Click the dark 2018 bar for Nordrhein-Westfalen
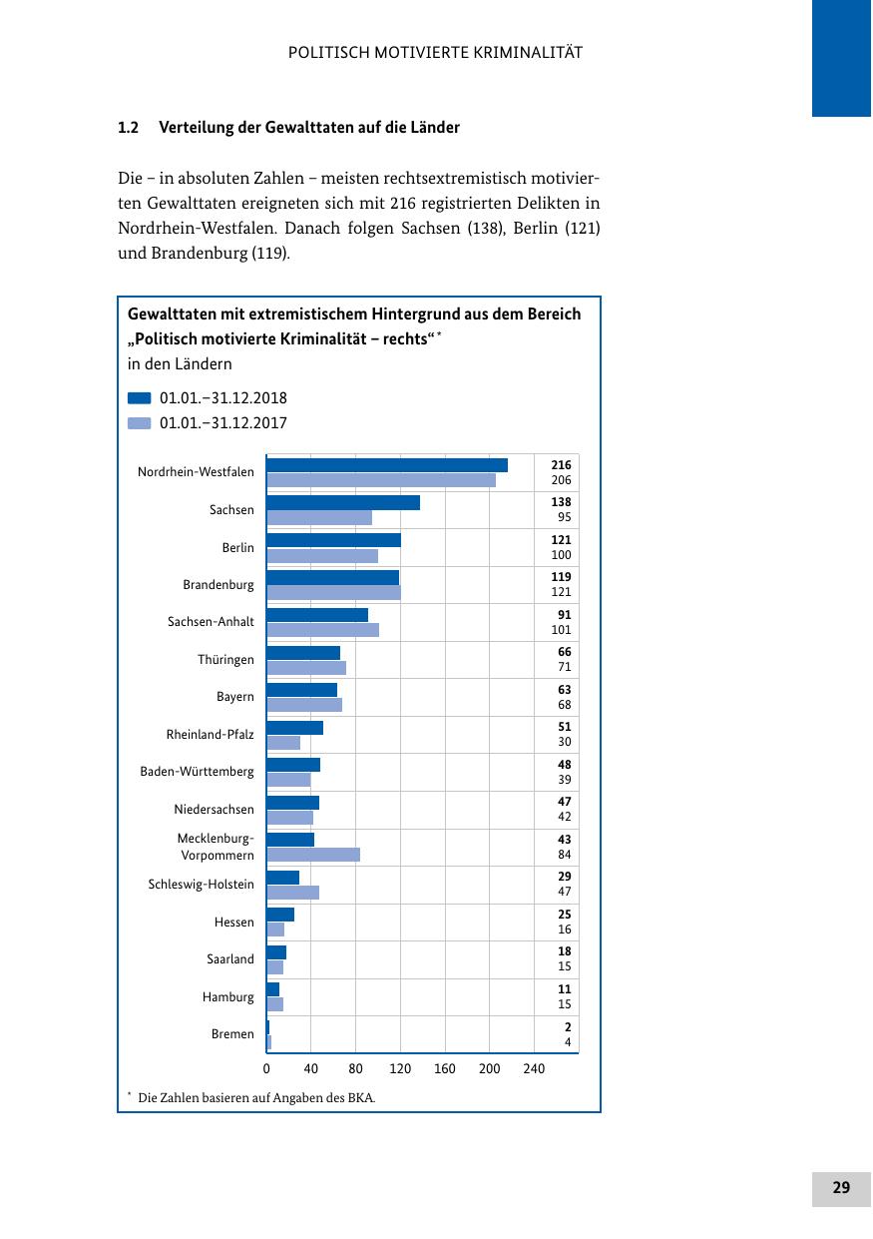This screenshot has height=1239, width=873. (x=387, y=465)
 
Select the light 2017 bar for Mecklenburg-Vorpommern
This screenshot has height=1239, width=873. (x=313, y=855)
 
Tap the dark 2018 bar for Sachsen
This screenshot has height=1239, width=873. (x=343, y=503)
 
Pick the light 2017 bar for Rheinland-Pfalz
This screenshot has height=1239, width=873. (x=283, y=743)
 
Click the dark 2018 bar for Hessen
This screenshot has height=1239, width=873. (x=280, y=915)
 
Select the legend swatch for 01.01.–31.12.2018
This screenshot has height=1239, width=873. (x=140, y=398)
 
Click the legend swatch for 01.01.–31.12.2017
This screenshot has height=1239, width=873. (x=140, y=423)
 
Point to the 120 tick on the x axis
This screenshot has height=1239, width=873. (x=400, y=1069)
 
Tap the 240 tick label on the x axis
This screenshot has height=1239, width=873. (x=534, y=1069)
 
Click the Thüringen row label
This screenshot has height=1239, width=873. (x=225, y=660)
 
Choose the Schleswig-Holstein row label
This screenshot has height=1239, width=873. (x=201, y=885)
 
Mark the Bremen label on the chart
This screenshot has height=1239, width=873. (x=232, y=1034)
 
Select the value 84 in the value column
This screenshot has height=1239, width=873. (x=565, y=855)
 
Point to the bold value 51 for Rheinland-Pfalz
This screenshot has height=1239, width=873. (x=565, y=727)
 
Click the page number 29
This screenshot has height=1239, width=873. (x=841, y=1188)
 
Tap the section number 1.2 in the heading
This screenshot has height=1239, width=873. (x=127, y=128)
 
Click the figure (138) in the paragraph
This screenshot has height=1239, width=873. (x=486, y=228)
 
